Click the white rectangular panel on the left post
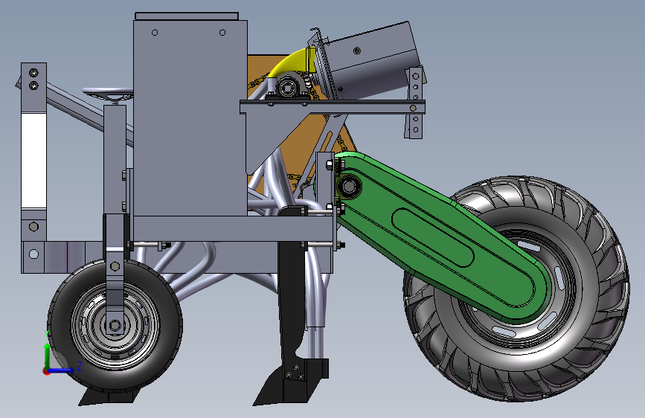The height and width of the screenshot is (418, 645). [33, 160]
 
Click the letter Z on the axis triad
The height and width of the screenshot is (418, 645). [79, 365]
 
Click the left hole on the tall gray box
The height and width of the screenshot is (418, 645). [154, 33]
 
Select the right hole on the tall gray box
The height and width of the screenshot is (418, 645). [222, 32]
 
